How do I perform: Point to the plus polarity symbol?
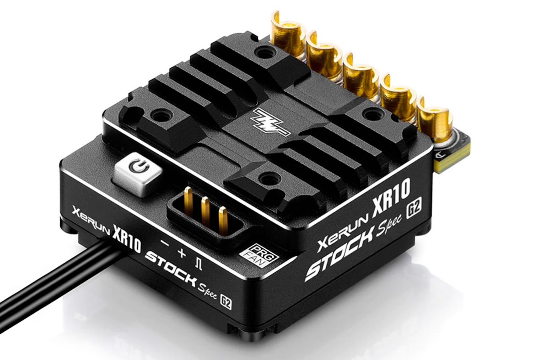click(x=181, y=253)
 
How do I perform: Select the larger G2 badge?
click(x=413, y=210)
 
